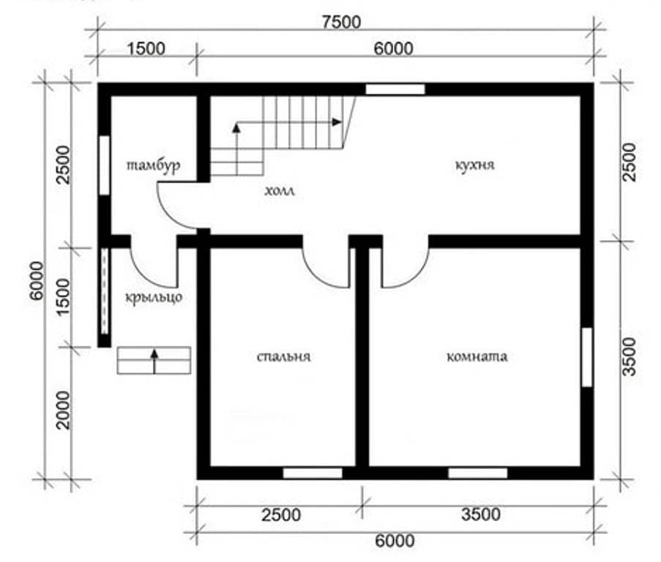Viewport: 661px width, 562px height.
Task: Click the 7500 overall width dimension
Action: click(x=341, y=22)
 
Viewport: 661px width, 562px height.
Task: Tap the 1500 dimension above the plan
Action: click(x=146, y=49)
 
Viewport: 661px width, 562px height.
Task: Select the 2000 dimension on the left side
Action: click(x=63, y=410)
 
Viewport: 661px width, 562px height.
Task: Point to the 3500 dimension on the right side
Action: click(x=629, y=356)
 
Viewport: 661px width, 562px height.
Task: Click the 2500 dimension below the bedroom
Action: click(x=281, y=515)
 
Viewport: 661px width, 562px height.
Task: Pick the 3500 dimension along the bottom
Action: click(x=481, y=514)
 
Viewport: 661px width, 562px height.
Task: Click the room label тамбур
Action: click(x=154, y=165)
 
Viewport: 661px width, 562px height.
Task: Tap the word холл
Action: click(x=280, y=191)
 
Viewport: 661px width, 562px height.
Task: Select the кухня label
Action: click(x=474, y=165)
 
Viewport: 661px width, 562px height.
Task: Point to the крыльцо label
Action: click(x=154, y=297)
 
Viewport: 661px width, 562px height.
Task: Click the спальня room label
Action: click(x=284, y=357)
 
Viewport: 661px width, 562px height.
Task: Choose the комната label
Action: click(x=477, y=357)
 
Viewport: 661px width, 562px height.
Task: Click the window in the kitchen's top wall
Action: click(x=395, y=89)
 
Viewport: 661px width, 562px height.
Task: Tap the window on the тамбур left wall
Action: click(x=104, y=165)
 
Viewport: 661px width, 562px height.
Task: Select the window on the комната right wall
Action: click(x=587, y=357)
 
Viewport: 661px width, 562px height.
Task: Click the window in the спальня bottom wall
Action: click(x=313, y=473)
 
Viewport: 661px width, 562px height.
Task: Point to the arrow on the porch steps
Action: click(x=154, y=361)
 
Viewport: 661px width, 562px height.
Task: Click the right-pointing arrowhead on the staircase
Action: click(x=337, y=122)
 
